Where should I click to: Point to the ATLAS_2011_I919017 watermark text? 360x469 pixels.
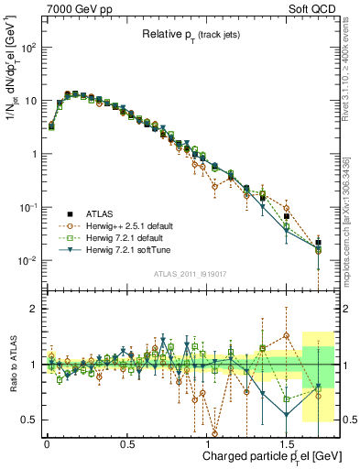click(x=203, y=274)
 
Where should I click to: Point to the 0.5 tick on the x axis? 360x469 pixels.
click(x=127, y=442)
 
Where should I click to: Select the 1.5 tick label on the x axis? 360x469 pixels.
click(x=287, y=442)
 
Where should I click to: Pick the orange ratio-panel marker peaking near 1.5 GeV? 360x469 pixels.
click(x=287, y=335)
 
